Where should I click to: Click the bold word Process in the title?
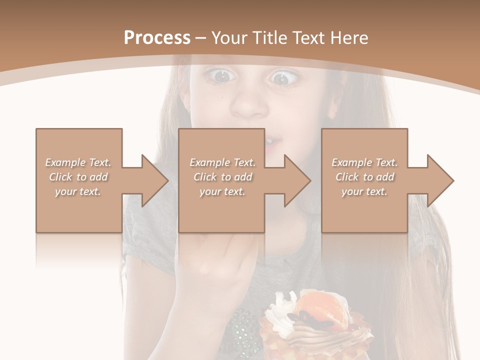point(157,37)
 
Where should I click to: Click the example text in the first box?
point(78,177)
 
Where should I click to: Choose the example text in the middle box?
point(222,177)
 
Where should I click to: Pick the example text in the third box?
point(364,177)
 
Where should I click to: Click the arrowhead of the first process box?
point(155,180)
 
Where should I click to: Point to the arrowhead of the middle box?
point(298,180)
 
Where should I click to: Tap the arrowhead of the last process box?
point(441,180)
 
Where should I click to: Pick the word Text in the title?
point(310,37)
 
